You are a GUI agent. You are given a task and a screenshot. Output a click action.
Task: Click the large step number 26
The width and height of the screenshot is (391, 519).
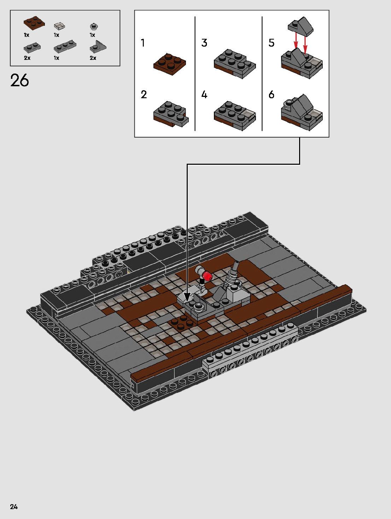19,81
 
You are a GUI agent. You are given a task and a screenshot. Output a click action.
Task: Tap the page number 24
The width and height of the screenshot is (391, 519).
14,507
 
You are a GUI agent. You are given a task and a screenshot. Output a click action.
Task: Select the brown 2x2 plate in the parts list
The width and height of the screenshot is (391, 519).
34,23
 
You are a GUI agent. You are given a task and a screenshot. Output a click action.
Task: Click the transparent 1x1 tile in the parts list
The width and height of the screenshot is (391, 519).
59,25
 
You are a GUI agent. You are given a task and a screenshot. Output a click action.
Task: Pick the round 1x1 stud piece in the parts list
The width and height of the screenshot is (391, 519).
94,26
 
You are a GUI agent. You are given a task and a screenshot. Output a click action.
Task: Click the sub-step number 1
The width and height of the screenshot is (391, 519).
143,43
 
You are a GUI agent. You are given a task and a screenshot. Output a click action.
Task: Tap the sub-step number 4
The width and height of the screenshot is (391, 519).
204,95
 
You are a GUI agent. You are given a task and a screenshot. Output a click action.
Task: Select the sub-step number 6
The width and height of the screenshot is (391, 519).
271,95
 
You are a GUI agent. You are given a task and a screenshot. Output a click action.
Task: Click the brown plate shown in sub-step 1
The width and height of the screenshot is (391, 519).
170,64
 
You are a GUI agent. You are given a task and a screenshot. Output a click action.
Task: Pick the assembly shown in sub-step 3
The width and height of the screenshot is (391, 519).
234,64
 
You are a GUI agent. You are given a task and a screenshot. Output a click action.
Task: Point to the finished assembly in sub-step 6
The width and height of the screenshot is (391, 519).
301,112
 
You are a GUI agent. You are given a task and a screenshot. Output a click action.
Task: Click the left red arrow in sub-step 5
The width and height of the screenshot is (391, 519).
296,41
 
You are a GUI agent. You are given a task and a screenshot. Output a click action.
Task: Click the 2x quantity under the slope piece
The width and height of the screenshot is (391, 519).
93,58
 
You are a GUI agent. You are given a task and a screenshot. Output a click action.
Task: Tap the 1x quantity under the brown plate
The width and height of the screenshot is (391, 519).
27,35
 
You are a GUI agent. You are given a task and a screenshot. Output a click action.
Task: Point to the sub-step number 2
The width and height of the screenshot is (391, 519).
144,95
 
